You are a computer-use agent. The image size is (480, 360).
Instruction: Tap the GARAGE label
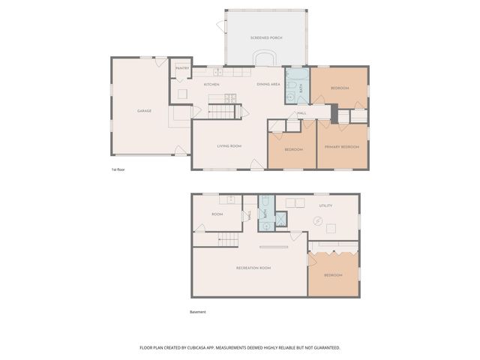[144, 111]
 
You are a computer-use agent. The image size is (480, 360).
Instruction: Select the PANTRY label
[181, 68]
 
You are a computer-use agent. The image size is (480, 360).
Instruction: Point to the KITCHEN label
[211, 84]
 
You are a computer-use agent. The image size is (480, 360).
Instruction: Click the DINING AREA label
[268, 84]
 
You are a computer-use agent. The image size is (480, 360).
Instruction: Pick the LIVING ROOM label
[229, 146]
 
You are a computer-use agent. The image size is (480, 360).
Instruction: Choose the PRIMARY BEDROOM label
[342, 147]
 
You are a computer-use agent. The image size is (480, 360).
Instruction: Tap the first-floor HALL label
[301, 113]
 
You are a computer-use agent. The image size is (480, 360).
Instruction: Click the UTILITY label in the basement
[325, 205]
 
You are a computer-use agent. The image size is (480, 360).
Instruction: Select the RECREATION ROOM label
[253, 268]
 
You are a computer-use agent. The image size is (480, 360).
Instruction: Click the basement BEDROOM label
[334, 275]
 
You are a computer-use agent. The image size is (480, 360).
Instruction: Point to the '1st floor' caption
[118, 170]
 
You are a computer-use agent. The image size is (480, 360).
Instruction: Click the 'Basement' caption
[198, 312]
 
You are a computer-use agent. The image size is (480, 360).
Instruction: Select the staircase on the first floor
[222, 112]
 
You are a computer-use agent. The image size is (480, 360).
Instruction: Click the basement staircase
[229, 240]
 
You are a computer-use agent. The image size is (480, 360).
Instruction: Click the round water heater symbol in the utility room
[319, 220]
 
